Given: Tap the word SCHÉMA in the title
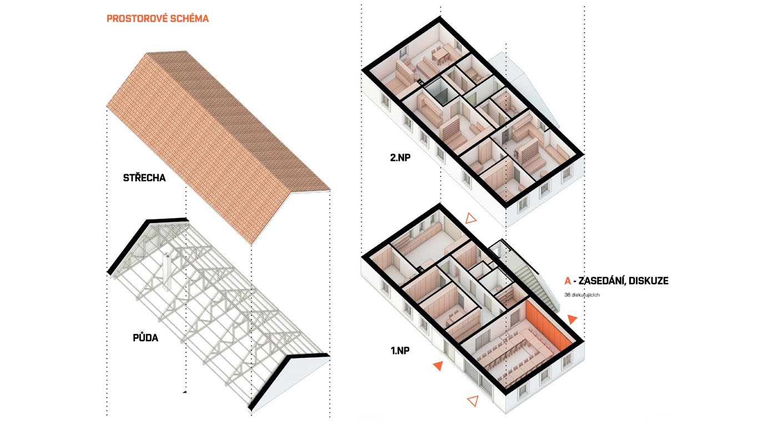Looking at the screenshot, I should pos(190,19).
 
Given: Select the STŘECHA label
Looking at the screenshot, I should pos(144,178).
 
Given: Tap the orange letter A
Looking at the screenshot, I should pos(567,281).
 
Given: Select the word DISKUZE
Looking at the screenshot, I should pos(650,281).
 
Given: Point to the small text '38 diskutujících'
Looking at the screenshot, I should pos(582,295).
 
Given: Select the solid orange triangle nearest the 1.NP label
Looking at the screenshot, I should pos(438,365).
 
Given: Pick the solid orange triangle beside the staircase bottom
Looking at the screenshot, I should pos(572,319).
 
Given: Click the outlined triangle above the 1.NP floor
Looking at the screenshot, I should pos(471,219).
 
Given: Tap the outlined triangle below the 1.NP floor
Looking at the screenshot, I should pos(472,400).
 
